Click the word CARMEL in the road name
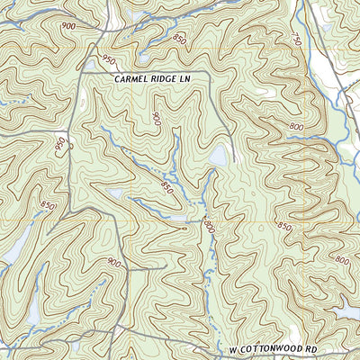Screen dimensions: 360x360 coord(132,79)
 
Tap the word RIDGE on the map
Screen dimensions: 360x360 coord(168,79)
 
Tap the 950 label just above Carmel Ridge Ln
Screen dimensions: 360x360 coord(109,59)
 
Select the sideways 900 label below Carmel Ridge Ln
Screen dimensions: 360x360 coord(156,119)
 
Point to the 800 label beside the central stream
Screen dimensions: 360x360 coord(210,224)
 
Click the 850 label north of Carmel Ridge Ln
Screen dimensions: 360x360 coord(180,40)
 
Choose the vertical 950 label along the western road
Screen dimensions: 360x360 coord(60,145)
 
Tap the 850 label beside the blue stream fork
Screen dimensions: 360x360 coord(166,187)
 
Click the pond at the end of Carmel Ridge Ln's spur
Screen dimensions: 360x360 coord(219,157)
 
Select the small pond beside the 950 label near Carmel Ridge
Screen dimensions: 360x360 coord(90,65)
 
